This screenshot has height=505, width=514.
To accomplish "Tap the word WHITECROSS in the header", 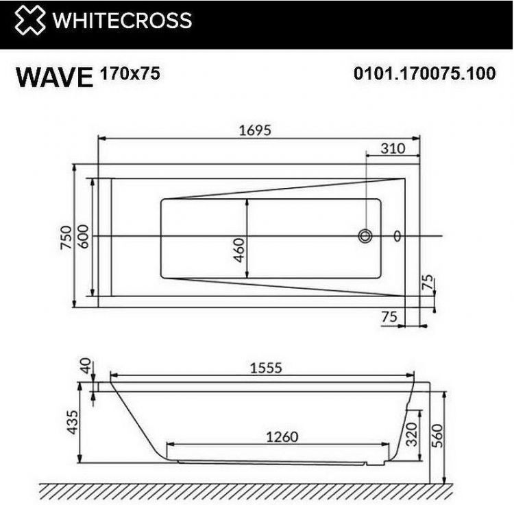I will pos(123,21).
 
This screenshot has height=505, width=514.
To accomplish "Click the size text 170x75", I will pos(130,73).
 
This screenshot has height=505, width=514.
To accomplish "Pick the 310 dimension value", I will pos(392,148).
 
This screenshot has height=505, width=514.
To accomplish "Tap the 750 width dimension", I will pos(66,237).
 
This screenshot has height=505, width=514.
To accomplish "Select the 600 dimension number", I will pos(83,237).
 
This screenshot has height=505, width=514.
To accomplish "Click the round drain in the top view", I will pos(365,237).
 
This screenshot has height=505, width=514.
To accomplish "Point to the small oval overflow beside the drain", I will pos(397,237).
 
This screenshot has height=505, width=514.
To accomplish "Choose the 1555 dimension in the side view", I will pos(265,368).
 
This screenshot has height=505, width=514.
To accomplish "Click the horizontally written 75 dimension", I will pos(389,316).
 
